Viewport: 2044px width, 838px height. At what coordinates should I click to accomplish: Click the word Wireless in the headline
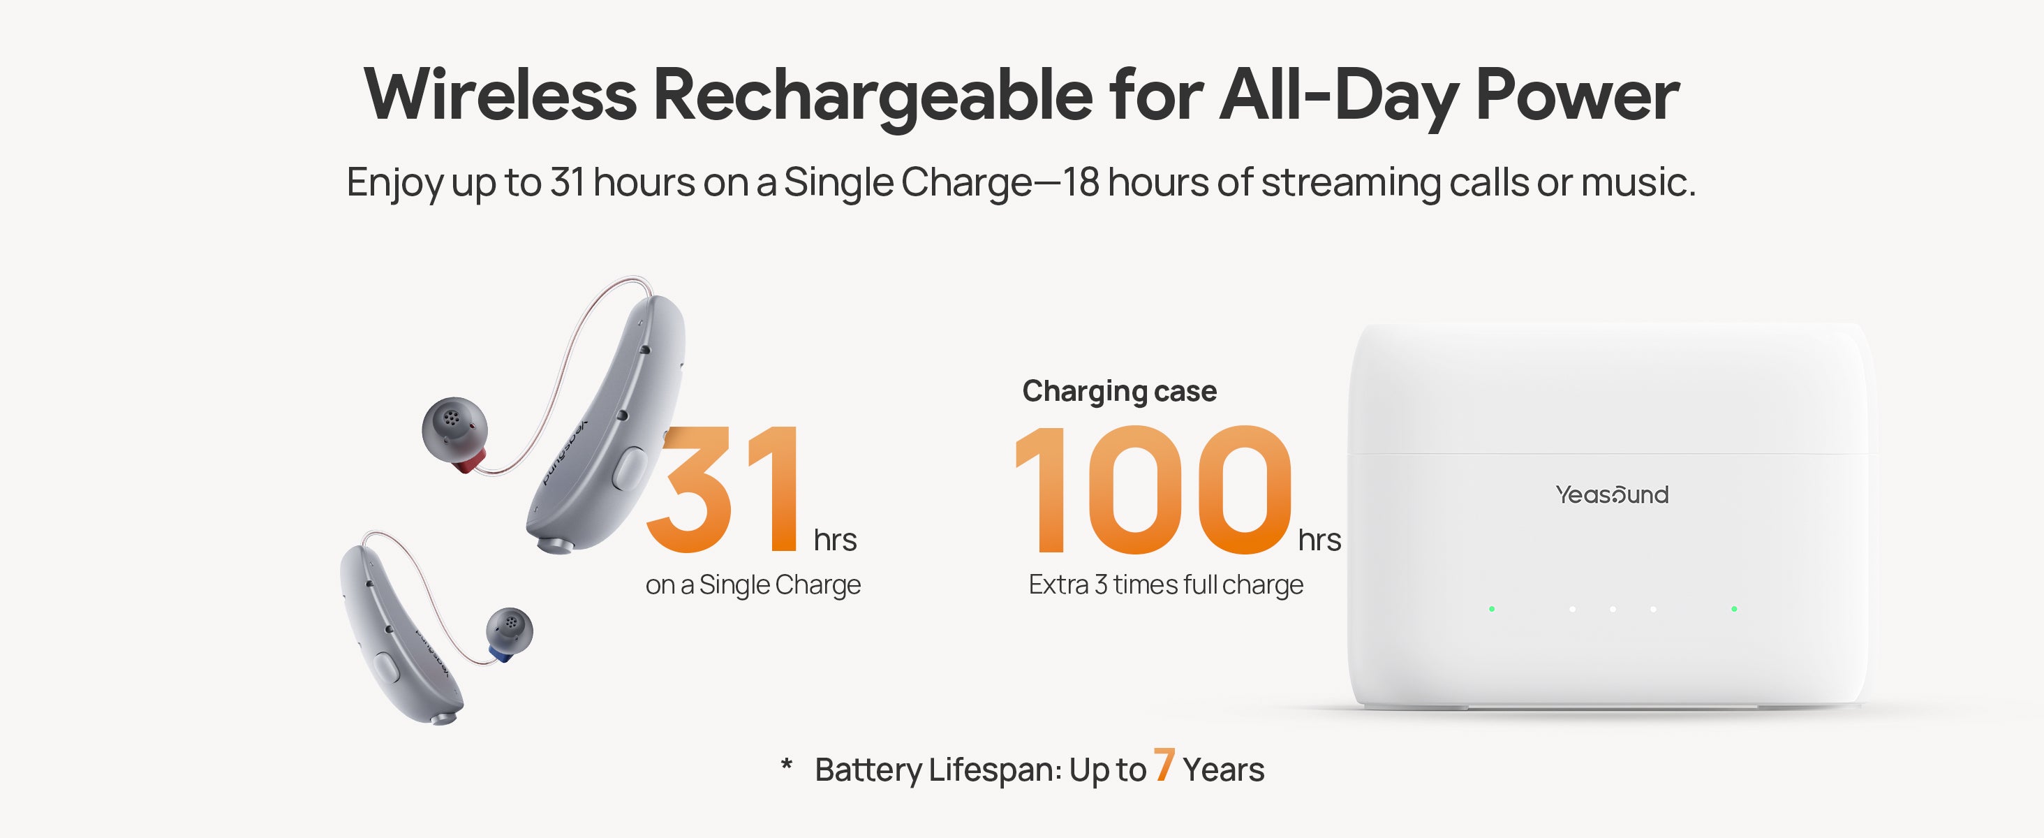coord(501,95)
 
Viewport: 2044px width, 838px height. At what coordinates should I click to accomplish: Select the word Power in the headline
coord(1577,95)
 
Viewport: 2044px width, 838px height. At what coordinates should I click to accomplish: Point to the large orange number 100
coord(1153,489)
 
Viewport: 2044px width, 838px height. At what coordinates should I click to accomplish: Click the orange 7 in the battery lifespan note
coord(1164,765)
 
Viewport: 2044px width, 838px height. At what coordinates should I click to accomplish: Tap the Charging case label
coord(1119,392)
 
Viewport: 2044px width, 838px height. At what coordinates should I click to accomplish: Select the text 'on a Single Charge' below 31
coord(753,586)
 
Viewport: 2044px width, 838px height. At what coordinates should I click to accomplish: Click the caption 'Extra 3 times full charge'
coord(1166,586)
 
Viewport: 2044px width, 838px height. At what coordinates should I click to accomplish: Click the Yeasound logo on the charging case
coord(1612,495)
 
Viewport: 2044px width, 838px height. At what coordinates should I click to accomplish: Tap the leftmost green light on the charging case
coord(1492,609)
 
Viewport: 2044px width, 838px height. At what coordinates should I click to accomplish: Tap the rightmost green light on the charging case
coord(1734,609)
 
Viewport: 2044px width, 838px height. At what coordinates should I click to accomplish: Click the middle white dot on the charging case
coord(1613,609)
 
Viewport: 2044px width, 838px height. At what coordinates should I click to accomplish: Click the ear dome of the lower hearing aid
coord(510,629)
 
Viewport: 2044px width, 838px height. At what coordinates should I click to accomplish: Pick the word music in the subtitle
coord(1638,182)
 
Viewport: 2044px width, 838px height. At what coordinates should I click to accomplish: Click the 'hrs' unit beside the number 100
coord(1319,541)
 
